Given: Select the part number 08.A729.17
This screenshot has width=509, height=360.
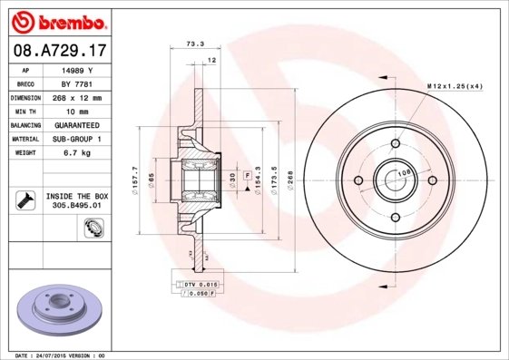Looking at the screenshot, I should pyautogui.click(x=56, y=51).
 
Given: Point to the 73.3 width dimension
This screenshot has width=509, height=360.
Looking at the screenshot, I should pyautogui.click(x=193, y=44).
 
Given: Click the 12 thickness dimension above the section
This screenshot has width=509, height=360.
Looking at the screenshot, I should pyautogui.click(x=212, y=60).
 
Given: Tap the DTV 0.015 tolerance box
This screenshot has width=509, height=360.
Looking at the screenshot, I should pyautogui.click(x=195, y=285).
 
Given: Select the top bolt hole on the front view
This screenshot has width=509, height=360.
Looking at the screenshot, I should pyautogui.click(x=395, y=142).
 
